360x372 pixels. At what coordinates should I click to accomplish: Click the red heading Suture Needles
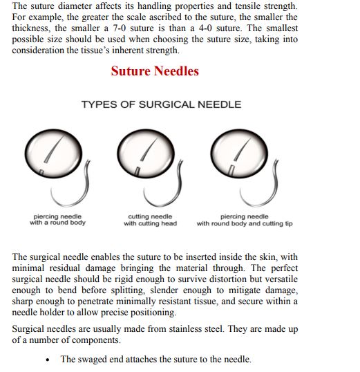[155, 71]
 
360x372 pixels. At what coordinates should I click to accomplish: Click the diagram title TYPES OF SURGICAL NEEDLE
[161, 105]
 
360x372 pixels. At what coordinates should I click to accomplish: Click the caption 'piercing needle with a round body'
[58, 220]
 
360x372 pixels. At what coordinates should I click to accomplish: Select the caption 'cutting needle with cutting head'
[150, 220]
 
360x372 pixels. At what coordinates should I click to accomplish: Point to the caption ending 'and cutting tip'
[245, 220]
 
